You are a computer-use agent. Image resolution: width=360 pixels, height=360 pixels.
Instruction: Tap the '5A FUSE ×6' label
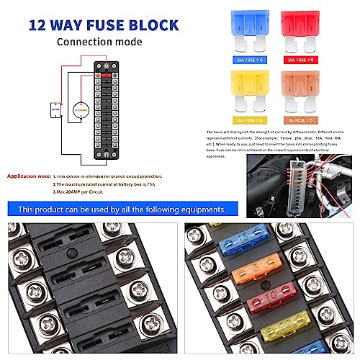tap(305, 120)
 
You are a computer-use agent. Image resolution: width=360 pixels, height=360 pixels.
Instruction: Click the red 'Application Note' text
tap(27, 176)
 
